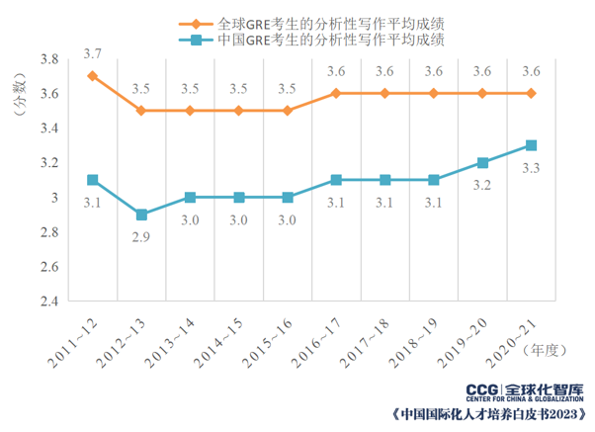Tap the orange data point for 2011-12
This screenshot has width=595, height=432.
pos(92,76)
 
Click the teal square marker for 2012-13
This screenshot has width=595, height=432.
pos(141,215)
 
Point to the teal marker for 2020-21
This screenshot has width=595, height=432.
pos(531,145)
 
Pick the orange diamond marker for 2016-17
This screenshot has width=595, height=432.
pos(336,93)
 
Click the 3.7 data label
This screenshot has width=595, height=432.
pos(93,52)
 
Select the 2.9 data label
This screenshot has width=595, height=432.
pos(142,236)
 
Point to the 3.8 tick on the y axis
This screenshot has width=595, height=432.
pos(47,59)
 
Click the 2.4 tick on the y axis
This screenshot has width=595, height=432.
pos(47,301)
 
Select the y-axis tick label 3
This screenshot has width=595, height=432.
pos(53,198)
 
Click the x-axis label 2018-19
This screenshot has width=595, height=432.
pos(418,332)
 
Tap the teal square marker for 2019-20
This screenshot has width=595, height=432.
pos(482,162)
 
